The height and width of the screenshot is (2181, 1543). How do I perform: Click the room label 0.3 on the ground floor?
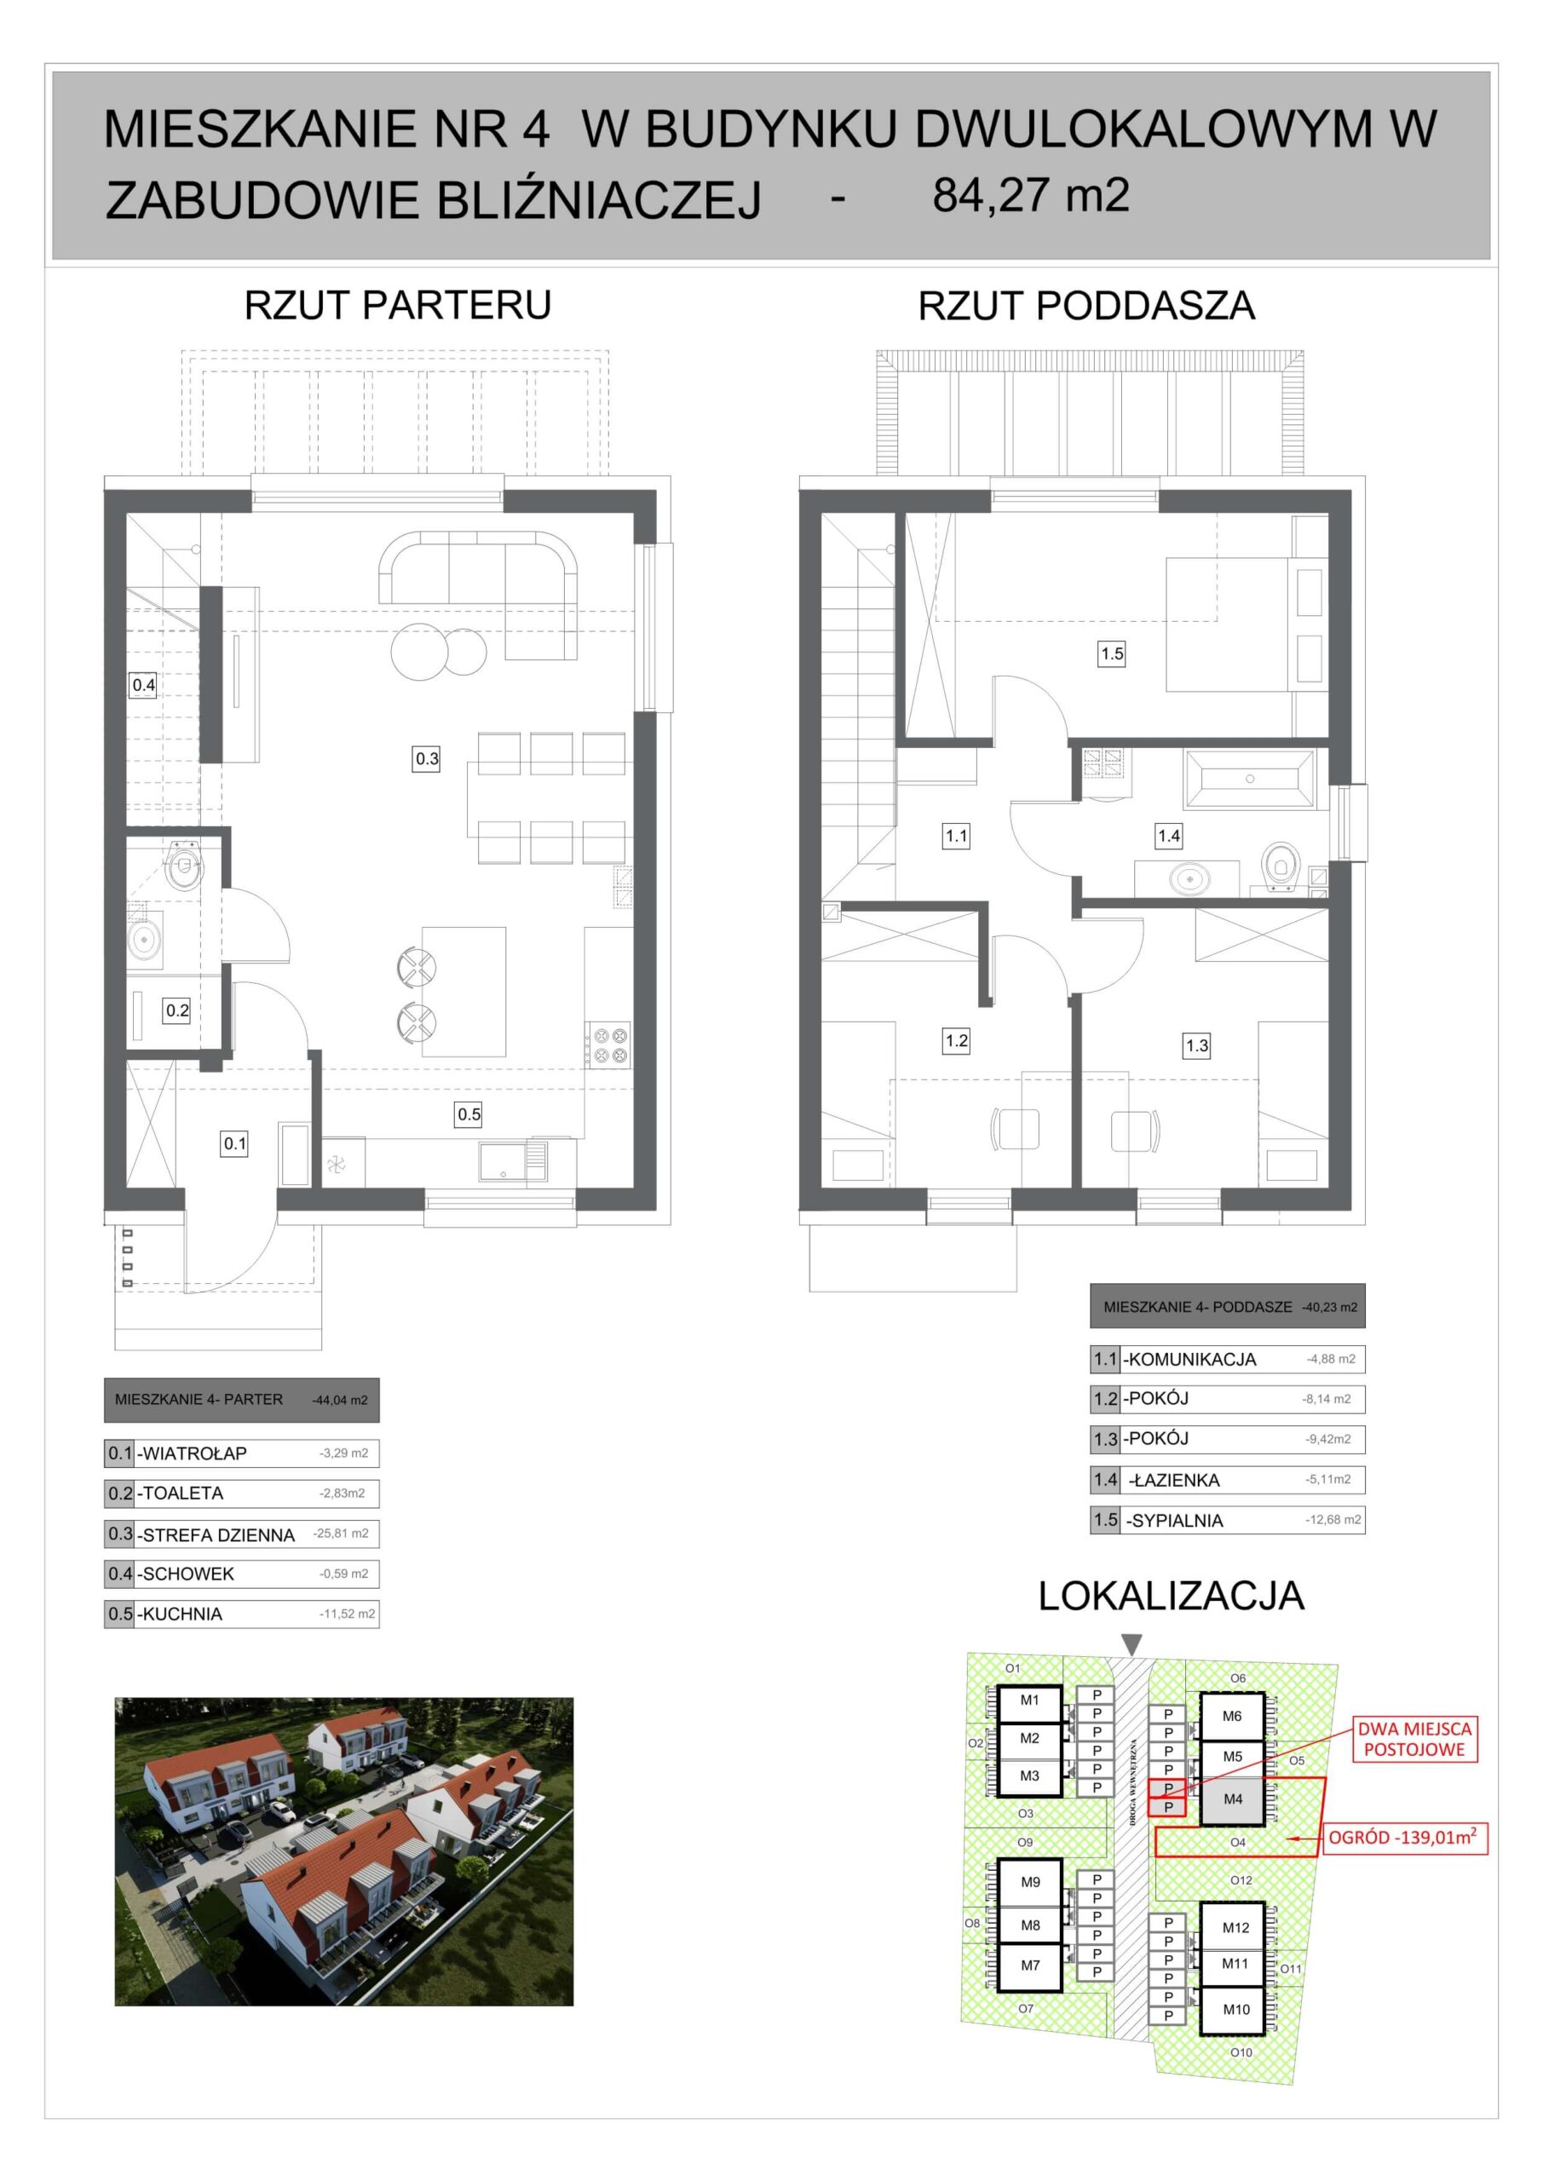[x=427, y=758]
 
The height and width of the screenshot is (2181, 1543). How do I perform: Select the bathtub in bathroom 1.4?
[x=1249, y=780]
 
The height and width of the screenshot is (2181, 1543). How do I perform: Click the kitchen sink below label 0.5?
[x=513, y=1161]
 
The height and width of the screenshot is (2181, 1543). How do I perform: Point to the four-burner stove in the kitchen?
[x=609, y=1043]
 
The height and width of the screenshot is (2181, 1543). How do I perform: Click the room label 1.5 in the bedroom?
[x=1112, y=653]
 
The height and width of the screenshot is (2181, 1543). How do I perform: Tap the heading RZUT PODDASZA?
[x=1086, y=306]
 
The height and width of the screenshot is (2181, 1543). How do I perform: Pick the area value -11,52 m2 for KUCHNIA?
[x=347, y=1613]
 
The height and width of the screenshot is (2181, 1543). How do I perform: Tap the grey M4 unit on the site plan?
[x=1232, y=1799]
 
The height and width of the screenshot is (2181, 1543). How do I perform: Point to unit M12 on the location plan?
[x=1235, y=1927]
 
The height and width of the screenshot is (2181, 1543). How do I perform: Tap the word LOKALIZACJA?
[x=1171, y=1595]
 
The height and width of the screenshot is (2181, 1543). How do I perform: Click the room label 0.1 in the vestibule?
[x=234, y=1143]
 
